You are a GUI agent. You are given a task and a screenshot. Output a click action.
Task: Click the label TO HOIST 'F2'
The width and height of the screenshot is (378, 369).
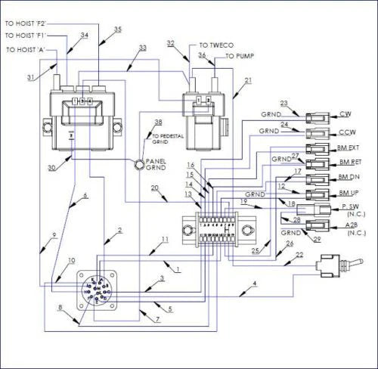click(29, 23)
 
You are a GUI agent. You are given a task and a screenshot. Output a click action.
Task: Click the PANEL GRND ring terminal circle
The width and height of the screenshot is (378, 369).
click(141, 163)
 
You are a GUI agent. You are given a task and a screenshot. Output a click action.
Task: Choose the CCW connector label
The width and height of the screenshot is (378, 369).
click(348, 132)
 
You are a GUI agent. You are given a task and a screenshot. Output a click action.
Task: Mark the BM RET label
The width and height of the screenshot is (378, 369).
click(350, 163)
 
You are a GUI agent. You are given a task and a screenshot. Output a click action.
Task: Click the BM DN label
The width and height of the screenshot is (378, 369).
click(349, 178)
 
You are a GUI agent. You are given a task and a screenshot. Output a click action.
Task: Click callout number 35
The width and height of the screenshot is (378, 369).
click(117, 29)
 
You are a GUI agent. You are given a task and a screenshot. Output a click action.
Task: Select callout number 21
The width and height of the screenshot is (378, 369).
click(249, 80)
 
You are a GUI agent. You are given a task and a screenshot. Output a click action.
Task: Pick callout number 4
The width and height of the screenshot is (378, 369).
click(254, 284)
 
